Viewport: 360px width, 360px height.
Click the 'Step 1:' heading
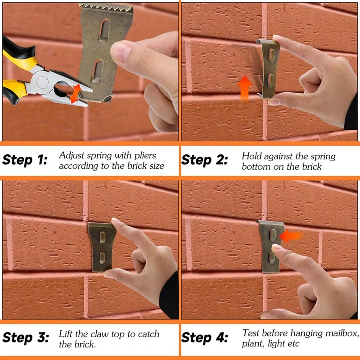[x=25, y=160]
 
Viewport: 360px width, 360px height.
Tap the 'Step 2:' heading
[x=205, y=160]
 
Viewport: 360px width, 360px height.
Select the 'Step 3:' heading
[x=26, y=338]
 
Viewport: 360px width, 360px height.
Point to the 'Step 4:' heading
[x=205, y=338]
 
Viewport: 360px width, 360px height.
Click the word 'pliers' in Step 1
[x=145, y=156]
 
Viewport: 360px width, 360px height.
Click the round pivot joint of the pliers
[x=43, y=82]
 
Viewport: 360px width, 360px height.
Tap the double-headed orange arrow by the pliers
[x=76, y=94]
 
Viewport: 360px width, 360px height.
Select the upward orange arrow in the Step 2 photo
[x=244, y=88]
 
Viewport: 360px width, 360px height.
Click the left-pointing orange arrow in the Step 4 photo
[x=291, y=237]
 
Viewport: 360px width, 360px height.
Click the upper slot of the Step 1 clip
[x=104, y=30]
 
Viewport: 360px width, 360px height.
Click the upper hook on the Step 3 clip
[x=103, y=237]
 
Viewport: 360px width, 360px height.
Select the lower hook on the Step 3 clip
[x=102, y=257]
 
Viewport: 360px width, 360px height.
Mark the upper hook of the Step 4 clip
[x=273, y=235]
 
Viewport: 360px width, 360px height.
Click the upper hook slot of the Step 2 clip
[x=272, y=55]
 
